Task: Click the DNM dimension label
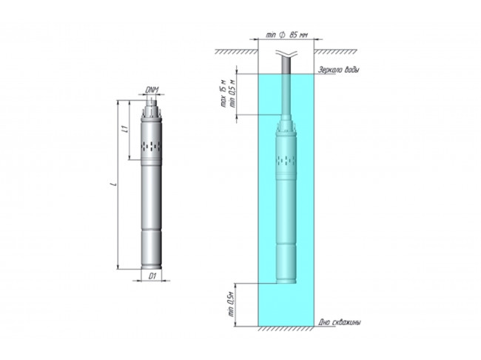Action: point(153,90)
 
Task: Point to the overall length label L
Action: point(112,184)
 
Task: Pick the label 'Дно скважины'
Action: point(340,323)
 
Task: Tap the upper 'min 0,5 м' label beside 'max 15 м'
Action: point(233,94)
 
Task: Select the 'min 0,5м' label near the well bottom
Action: point(231,303)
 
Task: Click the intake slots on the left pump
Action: point(152,145)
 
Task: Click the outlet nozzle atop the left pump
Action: point(153,103)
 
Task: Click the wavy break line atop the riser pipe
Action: point(287,53)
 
